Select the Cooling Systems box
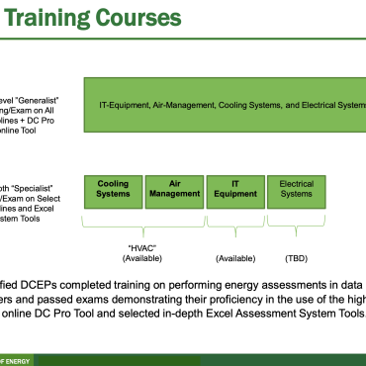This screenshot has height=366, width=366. click(x=113, y=189)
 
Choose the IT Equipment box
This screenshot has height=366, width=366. click(x=234, y=189)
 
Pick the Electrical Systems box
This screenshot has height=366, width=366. click(x=297, y=189)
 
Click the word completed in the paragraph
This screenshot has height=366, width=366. click(x=108, y=281)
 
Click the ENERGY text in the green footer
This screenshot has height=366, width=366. click(x=20, y=357)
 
